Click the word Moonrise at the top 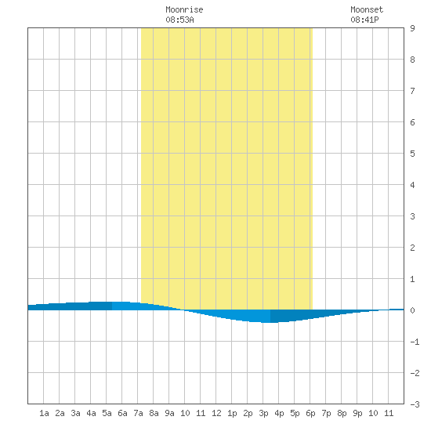point(184,9)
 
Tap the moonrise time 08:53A point(179,20)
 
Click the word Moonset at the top point(367,9)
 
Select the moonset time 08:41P point(364,20)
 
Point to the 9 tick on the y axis point(412,28)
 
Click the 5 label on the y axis point(412,154)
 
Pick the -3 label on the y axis point(415,404)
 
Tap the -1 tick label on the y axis point(415,342)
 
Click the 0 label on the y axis point(412,310)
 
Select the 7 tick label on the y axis point(412,91)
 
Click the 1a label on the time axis point(44,413)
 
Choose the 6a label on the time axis point(122,413)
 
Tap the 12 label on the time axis point(216,413)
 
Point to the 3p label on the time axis point(263,413)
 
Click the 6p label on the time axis point(310,413)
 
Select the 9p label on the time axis point(357,413)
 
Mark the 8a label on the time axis point(154,413)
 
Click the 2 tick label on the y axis point(412,248)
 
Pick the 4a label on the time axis point(91,413)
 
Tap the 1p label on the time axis point(232,413)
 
